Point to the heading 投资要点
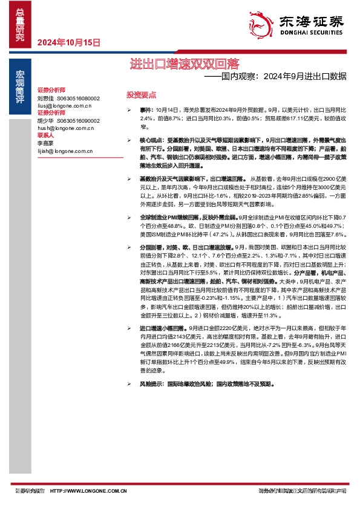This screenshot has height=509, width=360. pyautogui.click(x=142, y=95)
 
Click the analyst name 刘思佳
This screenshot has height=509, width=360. pyautogui.click(x=45, y=98)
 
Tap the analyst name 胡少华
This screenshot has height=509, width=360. pyautogui.click(x=45, y=120)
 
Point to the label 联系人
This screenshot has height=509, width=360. pyautogui.click(x=46, y=135)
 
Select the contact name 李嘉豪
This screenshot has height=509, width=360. pyautogui.click(x=45, y=143)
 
